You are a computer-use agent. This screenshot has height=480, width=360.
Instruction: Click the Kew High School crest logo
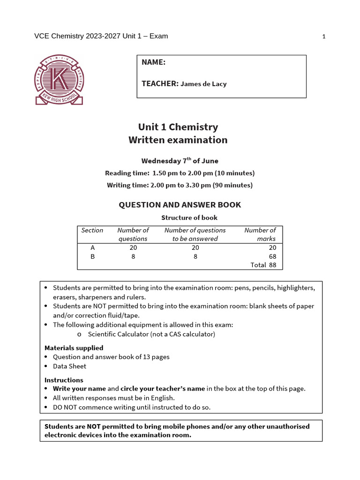(x=59, y=79)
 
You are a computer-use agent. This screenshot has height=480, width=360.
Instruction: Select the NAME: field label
(x=153, y=62)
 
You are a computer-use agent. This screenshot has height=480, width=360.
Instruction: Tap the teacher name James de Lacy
(x=203, y=84)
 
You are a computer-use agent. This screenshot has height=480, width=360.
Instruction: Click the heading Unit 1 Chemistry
(x=178, y=127)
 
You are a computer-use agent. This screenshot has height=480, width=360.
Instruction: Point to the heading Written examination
(x=178, y=140)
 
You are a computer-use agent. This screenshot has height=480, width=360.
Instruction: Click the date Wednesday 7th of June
(x=180, y=161)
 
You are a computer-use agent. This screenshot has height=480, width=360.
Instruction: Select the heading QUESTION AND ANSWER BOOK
(x=180, y=205)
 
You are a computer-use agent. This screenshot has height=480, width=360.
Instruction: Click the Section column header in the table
(x=92, y=230)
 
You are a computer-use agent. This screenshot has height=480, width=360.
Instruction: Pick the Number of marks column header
(x=260, y=234)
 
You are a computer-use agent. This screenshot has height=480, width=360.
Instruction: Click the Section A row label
(x=92, y=247)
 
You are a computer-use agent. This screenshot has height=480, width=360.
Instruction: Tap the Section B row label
(x=92, y=256)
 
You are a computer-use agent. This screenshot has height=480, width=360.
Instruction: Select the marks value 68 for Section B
(x=272, y=256)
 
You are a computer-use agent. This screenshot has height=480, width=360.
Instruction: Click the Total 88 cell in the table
(x=263, y=265)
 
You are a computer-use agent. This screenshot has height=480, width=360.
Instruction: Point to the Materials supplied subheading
(x=74, y=348)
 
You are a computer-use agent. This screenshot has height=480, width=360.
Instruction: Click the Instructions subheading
(x=64, y=380)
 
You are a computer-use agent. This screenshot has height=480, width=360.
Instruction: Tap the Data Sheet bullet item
(x=69, y=366)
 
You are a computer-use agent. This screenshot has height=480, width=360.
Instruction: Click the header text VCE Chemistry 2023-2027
(x=77, y=37)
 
